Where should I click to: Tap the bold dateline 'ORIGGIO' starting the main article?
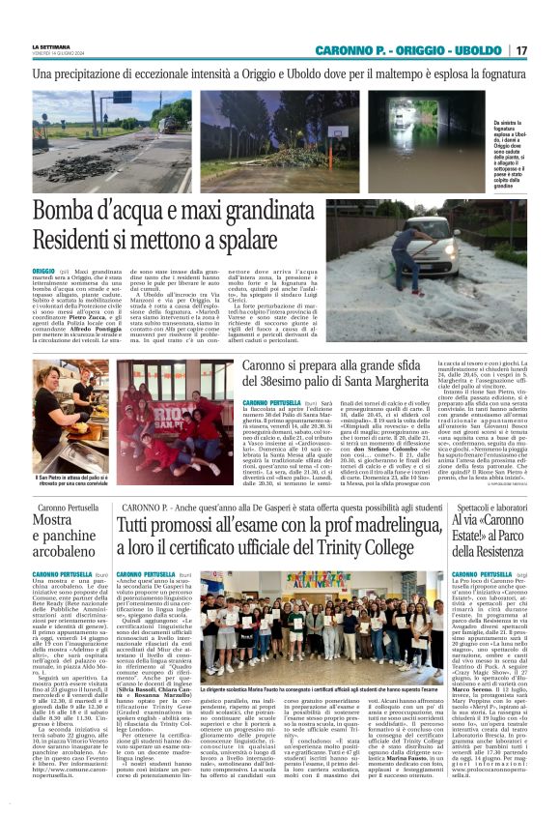pos(44,272)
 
